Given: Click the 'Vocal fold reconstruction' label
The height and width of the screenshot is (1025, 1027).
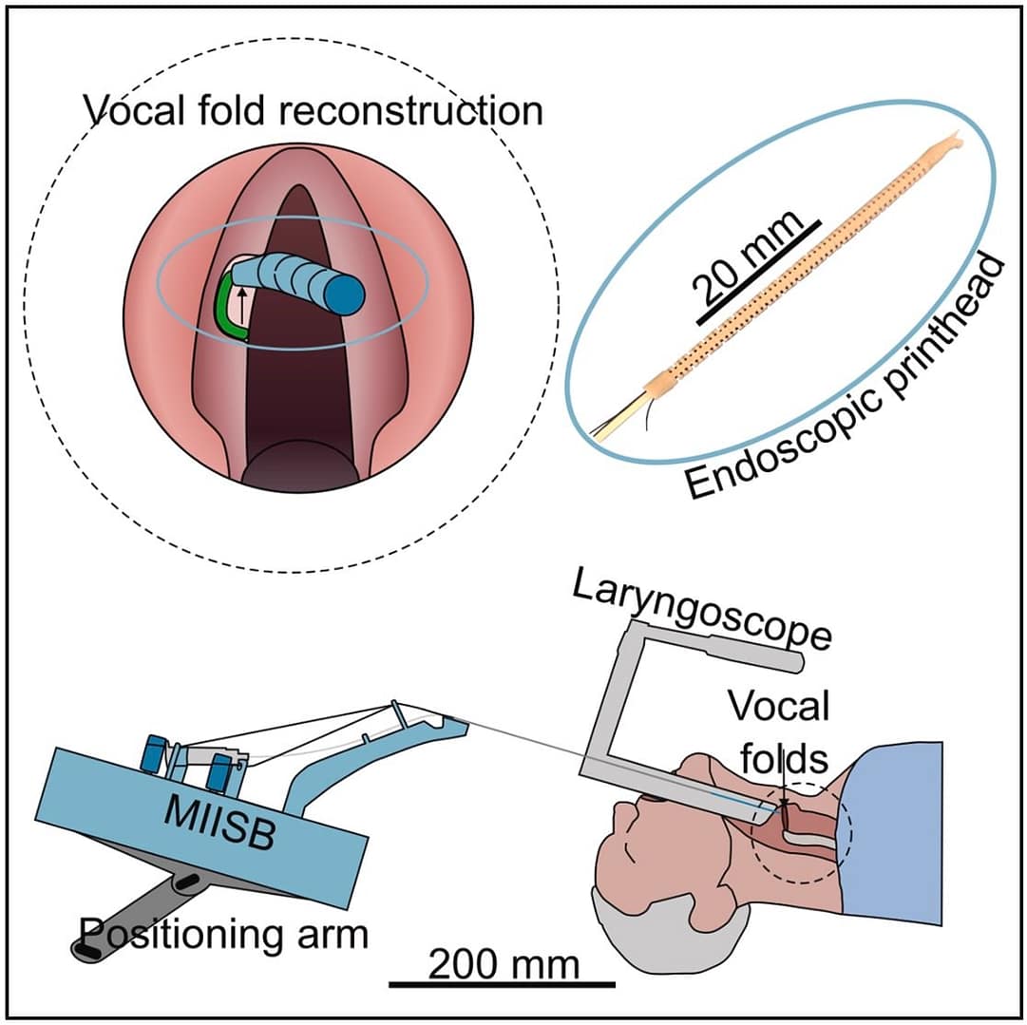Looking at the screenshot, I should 314,111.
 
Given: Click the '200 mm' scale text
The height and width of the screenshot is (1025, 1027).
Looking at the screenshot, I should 503,964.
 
